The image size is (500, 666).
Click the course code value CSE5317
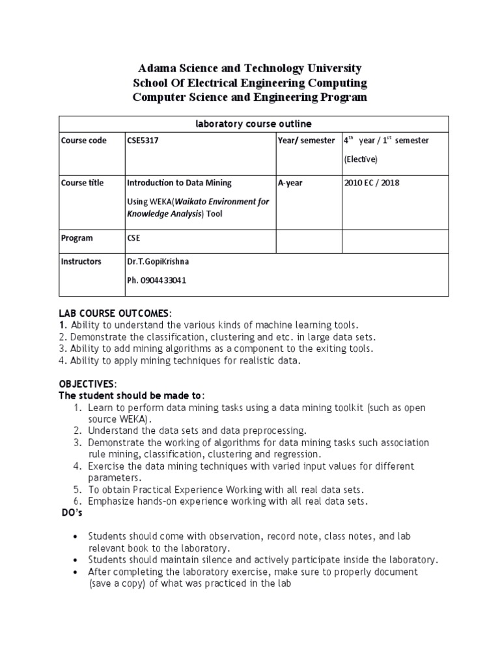tap(143, 140)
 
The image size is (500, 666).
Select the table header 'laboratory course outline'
tap(250, 124)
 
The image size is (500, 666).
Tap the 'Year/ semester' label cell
tap(306, 140)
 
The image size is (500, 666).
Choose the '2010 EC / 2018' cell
tap(372, 183)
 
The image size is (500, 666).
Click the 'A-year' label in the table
tap(290, 183)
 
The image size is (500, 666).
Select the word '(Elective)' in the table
tap(360, 159)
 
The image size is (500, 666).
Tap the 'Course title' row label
tap(82, 183)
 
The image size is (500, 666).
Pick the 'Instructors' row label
tap(81, 261)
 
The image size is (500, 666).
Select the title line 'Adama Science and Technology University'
tap(250, 68)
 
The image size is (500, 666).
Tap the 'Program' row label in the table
tap(77, 238)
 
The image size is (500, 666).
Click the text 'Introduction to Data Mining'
tap(178, 183)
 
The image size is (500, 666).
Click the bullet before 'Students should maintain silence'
tap(76, 559)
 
